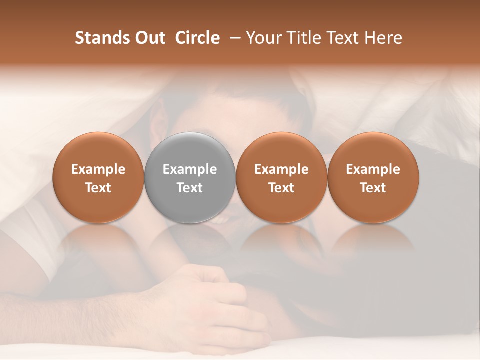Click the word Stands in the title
coord(102,38)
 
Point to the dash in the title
coord(233,38)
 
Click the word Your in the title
coord(264,38)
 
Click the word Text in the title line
coord(342,38)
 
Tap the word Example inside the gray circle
coord(190,169)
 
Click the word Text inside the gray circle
coord(190,188)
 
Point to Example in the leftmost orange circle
coord(98,169)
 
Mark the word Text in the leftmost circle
coord(98,188)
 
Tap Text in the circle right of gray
coord(281,188)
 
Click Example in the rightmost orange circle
coord(373,169)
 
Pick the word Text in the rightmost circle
coord(373,188)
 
